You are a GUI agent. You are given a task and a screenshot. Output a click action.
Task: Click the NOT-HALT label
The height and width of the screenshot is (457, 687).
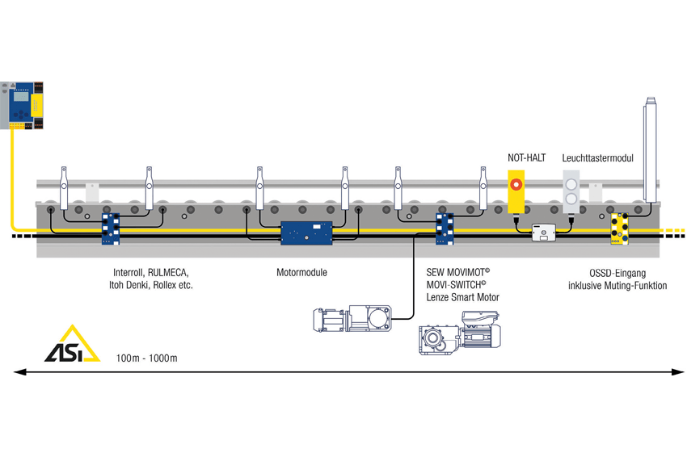(x=526, y=157)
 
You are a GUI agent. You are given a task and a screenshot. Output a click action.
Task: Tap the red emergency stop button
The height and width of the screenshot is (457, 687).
(x=516, y=184)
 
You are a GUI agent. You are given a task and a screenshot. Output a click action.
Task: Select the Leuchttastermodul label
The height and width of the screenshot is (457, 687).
(x=597, y=158)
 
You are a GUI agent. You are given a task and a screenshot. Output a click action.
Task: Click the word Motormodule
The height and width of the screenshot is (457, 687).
(x=301, y=272)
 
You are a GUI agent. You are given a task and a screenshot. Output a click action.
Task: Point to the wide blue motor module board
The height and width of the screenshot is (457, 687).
(x=306, y=233)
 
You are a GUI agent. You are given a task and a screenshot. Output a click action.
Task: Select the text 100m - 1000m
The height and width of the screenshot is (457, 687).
(x=147, y=358)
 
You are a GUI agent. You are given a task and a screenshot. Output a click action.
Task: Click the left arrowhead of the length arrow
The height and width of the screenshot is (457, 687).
(x=19, y=372)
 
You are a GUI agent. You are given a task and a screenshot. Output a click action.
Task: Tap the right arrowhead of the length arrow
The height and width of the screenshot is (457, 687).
(x=678, y=372)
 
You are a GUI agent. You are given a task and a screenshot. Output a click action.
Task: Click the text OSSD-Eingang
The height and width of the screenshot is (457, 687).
(x=617, y=273)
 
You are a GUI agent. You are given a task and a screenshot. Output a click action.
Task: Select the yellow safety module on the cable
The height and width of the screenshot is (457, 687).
(x=620, y=228)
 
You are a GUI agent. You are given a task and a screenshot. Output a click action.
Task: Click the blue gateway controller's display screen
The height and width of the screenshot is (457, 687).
(x=20, y=97)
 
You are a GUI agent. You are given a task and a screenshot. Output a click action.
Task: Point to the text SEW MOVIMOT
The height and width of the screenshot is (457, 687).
(x=457, y=272)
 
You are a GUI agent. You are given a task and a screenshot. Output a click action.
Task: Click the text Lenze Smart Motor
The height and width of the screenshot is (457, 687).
(x=462, y=297)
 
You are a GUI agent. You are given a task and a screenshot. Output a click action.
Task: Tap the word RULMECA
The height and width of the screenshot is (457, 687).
(x=168, y=272)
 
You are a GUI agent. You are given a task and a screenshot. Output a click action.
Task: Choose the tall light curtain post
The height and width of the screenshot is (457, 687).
(x=650, y=149)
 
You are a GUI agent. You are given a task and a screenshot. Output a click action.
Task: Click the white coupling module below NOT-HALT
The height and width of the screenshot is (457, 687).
(x=544, y=233)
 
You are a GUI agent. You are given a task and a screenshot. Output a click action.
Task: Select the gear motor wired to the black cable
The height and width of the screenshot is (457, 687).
(x=352, y=319)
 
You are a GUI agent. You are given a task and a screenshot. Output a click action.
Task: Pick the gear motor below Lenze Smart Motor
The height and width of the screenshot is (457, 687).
(x=460, y=333)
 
